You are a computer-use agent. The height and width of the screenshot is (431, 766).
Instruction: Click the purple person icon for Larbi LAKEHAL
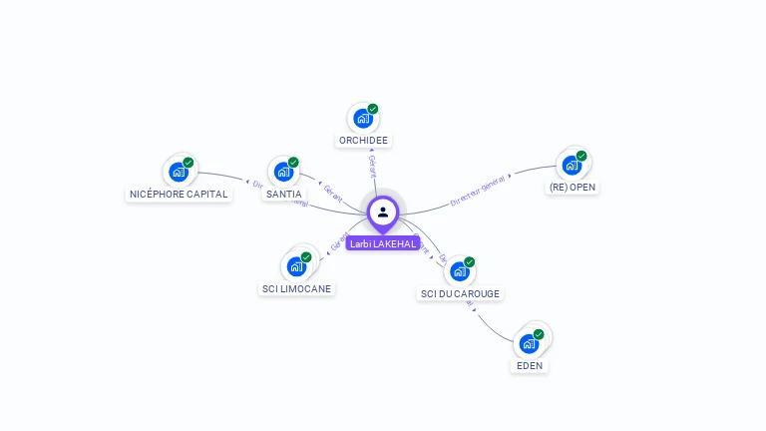tap(383, 212)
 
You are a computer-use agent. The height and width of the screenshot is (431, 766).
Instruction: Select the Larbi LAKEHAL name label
tap(383, 243)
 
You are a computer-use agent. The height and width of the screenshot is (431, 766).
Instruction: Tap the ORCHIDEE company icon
tap(363, 119)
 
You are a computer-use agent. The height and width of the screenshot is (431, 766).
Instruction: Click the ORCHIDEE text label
tap(363, 141)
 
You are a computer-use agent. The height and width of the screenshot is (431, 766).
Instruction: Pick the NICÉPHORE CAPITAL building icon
tap(179, 173)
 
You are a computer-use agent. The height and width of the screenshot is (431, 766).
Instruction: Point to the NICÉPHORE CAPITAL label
tap(180, 194)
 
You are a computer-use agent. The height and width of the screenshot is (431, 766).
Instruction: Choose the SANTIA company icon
tap(283, 173)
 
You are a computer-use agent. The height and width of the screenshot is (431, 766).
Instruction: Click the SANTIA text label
tap(283, 194)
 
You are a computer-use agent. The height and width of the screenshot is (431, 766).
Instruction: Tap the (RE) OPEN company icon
tap(572, 166)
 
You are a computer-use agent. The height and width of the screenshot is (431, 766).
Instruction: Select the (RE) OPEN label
tap(574, 188)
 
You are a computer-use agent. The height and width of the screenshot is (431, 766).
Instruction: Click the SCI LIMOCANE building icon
tap(296, 266)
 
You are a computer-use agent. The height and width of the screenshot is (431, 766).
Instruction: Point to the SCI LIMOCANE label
tap(296, 288)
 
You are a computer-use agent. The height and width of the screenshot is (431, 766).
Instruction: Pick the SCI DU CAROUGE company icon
tap(459, 271)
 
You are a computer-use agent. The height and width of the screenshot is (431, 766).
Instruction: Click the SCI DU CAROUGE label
tap(460, 293)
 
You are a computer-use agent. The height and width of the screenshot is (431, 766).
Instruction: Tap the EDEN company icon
tap(529, 344)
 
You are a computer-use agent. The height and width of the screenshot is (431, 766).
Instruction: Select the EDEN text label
tap(530, 366)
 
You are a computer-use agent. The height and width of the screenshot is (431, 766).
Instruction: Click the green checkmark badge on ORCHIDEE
tap(373, 109)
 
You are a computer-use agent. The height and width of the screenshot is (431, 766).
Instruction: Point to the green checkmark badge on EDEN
tap(539, 334)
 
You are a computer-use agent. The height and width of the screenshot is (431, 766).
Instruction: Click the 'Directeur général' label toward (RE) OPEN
tap(480, 188)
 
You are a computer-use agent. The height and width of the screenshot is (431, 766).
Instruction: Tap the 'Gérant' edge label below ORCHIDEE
tap(372, 166)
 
